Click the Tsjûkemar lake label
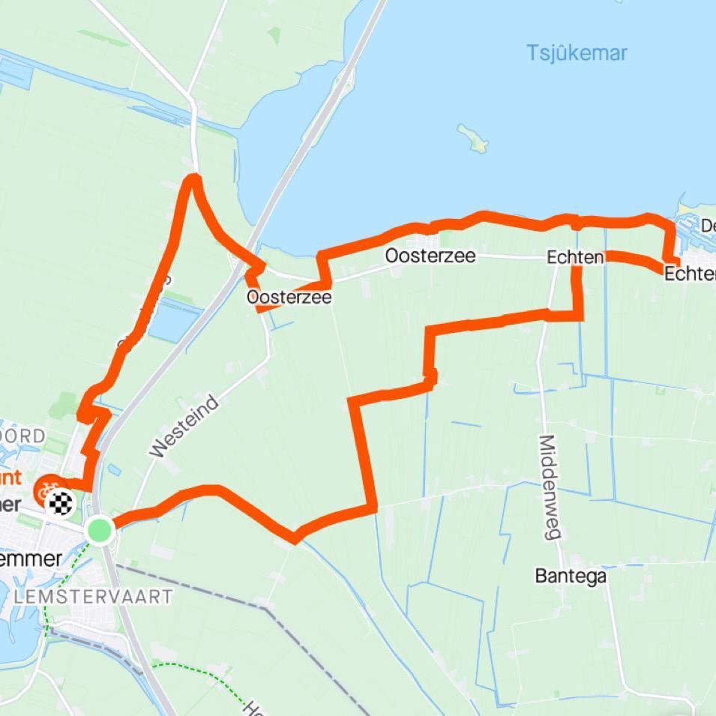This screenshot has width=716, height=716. click(x=576, y=53)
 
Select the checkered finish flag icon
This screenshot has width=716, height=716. click(x=63, y=503)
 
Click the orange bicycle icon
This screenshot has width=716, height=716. click(x=46, y=492)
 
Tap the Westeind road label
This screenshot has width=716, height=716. click(x=184, y=427)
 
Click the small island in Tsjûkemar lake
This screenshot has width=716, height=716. click(x=473, y=138)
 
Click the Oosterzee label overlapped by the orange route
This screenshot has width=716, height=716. click(x=289, y=297)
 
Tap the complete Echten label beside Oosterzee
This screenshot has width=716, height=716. click(x=575, y=258)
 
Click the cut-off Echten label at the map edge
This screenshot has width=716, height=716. click(x=691, y=274)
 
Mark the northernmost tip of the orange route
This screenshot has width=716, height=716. click(x=194, y=178)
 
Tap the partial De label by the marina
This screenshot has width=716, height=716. click(x=708, y=226)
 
